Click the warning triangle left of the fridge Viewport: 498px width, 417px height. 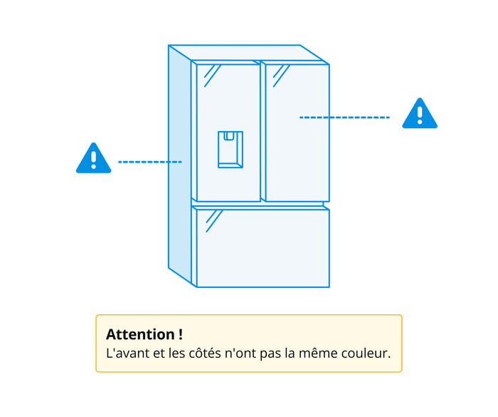[94, 158]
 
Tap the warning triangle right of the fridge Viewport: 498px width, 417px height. [420, 113]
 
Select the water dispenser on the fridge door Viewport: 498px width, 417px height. [231, 149]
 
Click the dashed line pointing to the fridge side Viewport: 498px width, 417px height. [150, 162]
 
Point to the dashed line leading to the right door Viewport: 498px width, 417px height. [344, 118]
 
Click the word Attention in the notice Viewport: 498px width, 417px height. [140, 334]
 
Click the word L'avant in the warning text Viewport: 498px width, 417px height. [127, 353]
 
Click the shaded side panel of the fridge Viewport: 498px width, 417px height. [180, 166]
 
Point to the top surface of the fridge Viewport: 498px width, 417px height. [249, 53]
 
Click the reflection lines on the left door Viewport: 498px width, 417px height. [212, 76]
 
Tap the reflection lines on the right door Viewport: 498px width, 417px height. [281, 76]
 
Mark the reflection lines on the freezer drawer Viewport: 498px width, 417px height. [214, 221]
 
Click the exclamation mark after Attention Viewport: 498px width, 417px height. [181, 334]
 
